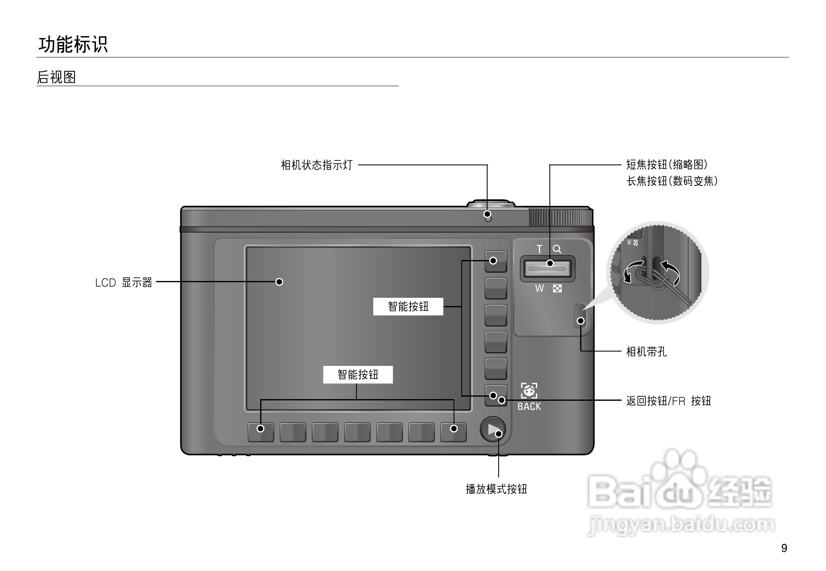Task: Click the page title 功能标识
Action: pos(73,44)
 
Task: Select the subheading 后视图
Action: pos(57,77)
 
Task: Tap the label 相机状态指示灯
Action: pos(316,165)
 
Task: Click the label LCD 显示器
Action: pos(124,282)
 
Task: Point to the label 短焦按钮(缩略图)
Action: pos(667,164)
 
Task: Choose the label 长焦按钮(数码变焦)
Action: pos(672,181)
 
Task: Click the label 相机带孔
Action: pos(646,352)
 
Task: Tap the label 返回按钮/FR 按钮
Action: pos(668,401)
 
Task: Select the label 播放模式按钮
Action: pos(496,489)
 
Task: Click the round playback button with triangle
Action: pos(492,429)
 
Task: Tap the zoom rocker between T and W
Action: pos(547,269)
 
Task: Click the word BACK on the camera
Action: pos(529,407)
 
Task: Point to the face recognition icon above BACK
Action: pos(529,391)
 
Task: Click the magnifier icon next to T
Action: pos(557,249)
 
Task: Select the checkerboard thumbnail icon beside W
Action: pos(557,288)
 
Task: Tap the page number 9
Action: pos(784,548)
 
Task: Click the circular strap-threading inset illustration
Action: pos(658,273)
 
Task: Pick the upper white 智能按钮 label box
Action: pos(408,306)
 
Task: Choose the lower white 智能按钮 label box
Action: pos(358,375)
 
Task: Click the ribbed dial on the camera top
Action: pos(560,217)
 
